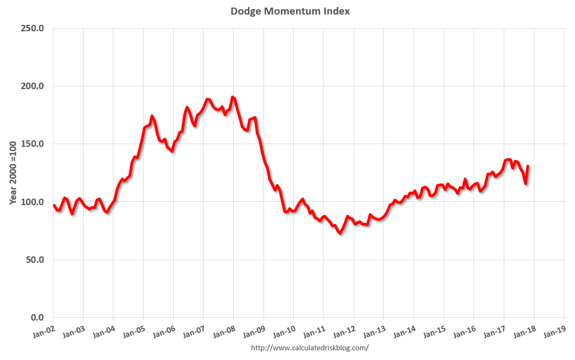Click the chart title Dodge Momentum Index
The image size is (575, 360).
pos(290,11)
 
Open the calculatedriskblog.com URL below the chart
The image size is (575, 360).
pos(310,348)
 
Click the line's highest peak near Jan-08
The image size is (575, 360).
pos(232,97)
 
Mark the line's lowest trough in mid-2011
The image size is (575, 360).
pos(340,233)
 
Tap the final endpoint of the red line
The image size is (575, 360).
pos(527,166)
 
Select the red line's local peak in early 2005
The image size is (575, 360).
pos(152,116)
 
